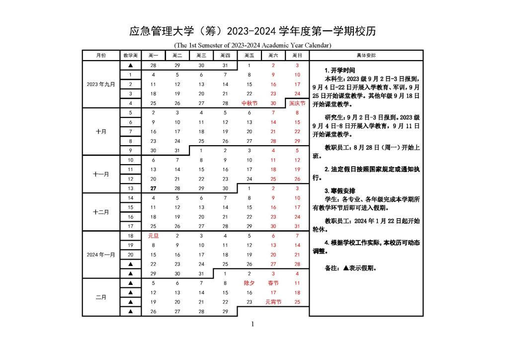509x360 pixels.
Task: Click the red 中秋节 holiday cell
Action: point(249,103)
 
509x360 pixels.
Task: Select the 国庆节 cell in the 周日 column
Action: point(297,103)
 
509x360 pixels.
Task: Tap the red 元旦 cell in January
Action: point(153,236)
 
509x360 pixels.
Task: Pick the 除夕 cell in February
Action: point(249,283)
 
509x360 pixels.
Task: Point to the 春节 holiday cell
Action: point(273,283)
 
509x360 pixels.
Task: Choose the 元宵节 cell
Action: point(273,302)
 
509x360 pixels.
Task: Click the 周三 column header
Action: point(201,55)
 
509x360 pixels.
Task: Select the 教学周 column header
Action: point(130,55)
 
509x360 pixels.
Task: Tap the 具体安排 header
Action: point(366,55)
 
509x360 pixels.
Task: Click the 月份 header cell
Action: point(101,55)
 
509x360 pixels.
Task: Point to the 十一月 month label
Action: point(101,174)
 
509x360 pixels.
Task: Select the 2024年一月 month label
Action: point(101,255)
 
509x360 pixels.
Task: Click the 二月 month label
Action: point(101,297)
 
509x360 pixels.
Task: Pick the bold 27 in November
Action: point(153,188)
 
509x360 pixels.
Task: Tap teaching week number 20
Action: point(130,255)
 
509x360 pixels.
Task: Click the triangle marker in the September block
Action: point(130,65)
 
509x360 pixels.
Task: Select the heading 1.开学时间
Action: point(339,71)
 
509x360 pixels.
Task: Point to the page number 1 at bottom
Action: point(253,325)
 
